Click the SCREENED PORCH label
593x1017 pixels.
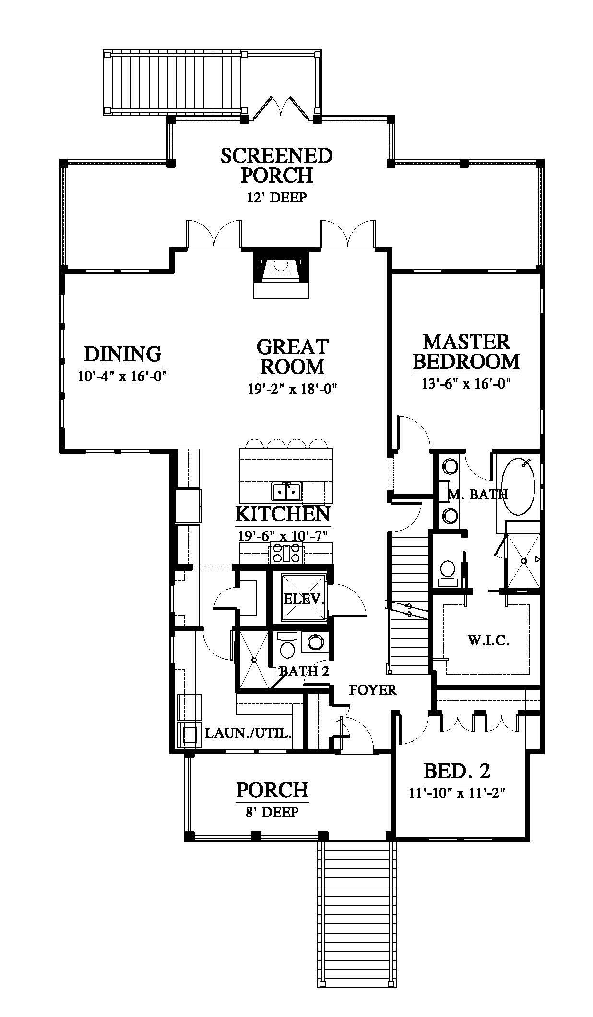(276, 166)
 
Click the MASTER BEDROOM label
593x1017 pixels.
(466, 352)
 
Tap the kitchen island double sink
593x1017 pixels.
(286, 491)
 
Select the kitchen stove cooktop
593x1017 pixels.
(286, 554)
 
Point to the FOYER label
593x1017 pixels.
(372, 690)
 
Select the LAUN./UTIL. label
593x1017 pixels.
(248, 733)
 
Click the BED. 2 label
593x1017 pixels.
(457, 770)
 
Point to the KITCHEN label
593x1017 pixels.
(283, 514)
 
